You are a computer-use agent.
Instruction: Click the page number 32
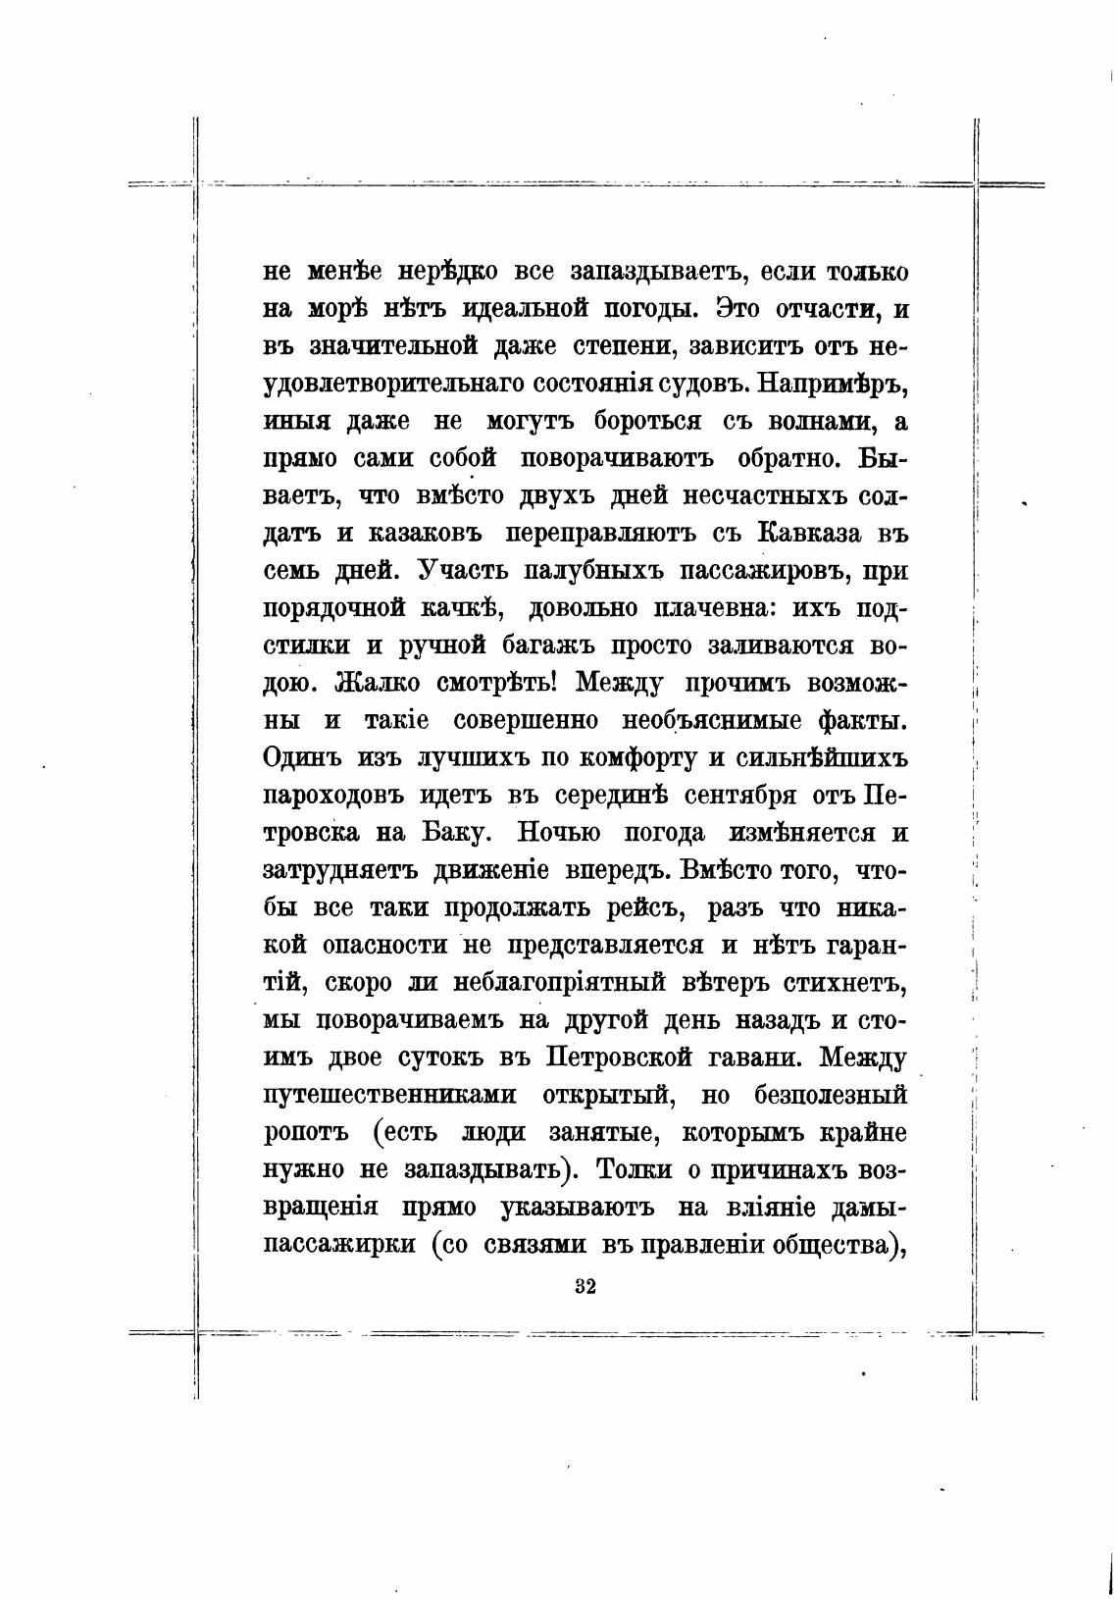click(x=585, y=1286)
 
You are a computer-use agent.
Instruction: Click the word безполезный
click(x=831, y=1095)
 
